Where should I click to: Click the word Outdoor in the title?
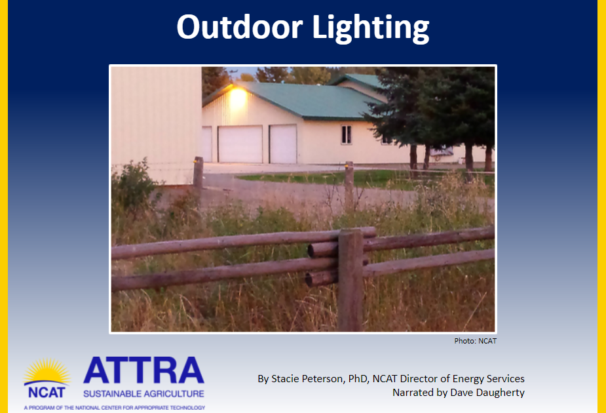(x=239, y=27)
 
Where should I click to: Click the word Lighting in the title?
(x=371, y=28)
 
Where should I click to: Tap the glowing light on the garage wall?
(x=238, y=97)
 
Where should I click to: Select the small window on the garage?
(x=347, y=134)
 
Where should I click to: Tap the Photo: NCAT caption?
(x=475, y=341)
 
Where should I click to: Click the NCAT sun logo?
(x=47, y=379)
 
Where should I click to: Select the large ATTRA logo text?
(x=143, y=370)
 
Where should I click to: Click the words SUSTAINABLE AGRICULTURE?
(x=143, y=394)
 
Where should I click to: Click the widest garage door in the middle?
(x=240, y=144)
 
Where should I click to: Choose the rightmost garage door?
(x=283, y=144)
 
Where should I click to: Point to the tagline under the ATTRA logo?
(x=115, y=408)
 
